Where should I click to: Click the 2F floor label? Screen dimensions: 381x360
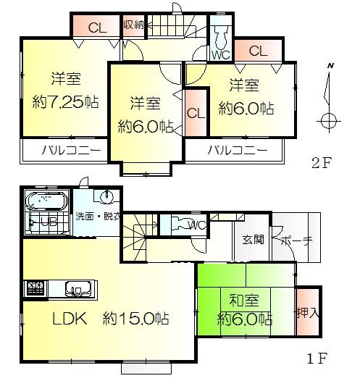click(x=321, y=162)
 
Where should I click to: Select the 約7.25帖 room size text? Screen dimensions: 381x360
click(x=64, y=101)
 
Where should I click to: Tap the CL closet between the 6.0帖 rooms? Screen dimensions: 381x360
click(x=195, y=113)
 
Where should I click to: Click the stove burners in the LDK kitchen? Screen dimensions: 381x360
click(x=33, y=289)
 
